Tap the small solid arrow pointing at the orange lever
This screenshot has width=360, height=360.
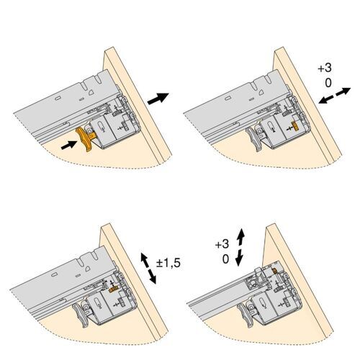pos(67,145)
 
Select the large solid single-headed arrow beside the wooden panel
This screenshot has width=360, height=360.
pos(158,99)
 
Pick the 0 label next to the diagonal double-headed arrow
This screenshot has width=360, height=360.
pos(328,84)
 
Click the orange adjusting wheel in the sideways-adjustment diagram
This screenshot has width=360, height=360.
pos(295,127)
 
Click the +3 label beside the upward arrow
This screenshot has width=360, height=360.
pos(222,245)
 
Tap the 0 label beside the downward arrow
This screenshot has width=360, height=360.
pos(226,258)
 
